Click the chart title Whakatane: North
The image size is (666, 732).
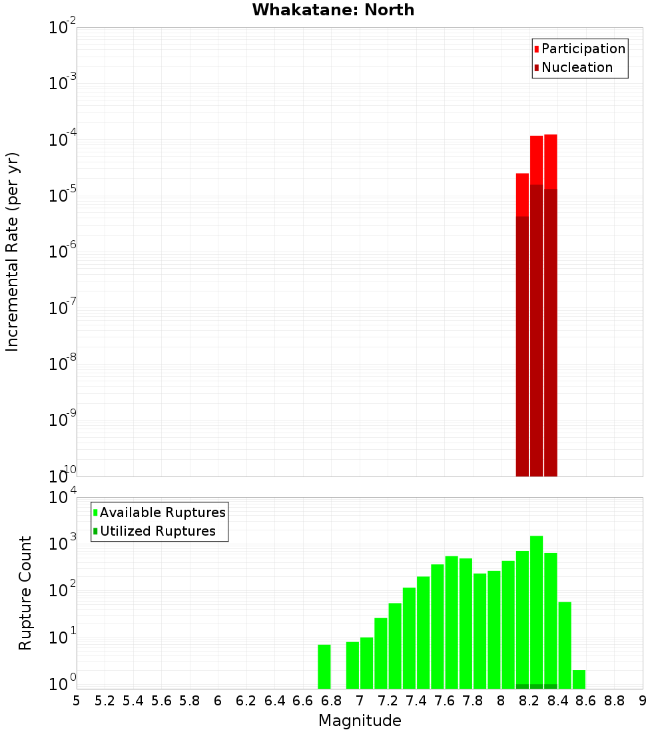[x=333, y=10]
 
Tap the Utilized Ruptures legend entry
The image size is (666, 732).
[x=157, y=531]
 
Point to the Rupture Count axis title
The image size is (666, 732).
[x=25, y=593]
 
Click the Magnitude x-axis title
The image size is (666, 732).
[x=360, y=721]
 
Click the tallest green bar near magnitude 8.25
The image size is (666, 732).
[x=536, y=612]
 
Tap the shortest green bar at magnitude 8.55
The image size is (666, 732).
[x=579, y=679]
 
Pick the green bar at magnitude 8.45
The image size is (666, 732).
[x=565, y=645]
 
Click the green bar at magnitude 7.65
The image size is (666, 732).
[x=452, y=622]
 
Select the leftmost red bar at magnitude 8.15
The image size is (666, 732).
[x=522, y=326]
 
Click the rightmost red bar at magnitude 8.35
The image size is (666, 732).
[x=551, y=306]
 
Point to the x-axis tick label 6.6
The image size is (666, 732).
[x=303, y=701]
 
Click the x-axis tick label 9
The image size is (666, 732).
[x=643, y=701]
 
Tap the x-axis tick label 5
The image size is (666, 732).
[x=77, y=701]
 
